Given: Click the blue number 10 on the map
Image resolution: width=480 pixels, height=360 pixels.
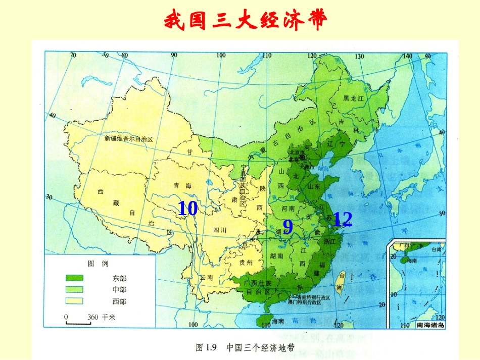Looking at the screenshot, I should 187,209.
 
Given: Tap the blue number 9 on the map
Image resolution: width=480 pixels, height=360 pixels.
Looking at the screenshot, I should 287,227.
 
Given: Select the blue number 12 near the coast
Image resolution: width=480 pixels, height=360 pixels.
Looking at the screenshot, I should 342,219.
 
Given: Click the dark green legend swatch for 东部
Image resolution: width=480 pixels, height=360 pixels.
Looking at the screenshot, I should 74,277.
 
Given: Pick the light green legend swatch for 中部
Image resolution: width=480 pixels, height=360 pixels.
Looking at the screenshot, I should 74,289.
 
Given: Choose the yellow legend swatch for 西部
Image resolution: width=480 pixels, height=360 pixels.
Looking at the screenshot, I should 74,301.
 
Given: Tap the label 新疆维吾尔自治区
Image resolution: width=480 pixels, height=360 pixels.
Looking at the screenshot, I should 128,138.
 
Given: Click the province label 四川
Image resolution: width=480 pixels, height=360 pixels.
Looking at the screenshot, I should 220,230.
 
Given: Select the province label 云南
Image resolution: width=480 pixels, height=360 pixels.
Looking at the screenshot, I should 207,278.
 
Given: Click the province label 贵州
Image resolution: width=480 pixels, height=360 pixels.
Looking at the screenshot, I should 246,263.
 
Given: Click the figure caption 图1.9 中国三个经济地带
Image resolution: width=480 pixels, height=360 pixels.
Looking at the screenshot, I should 245,347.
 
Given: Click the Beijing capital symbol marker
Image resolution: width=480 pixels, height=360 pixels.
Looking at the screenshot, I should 302,158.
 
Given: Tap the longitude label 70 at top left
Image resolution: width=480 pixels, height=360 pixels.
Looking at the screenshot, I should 73,55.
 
